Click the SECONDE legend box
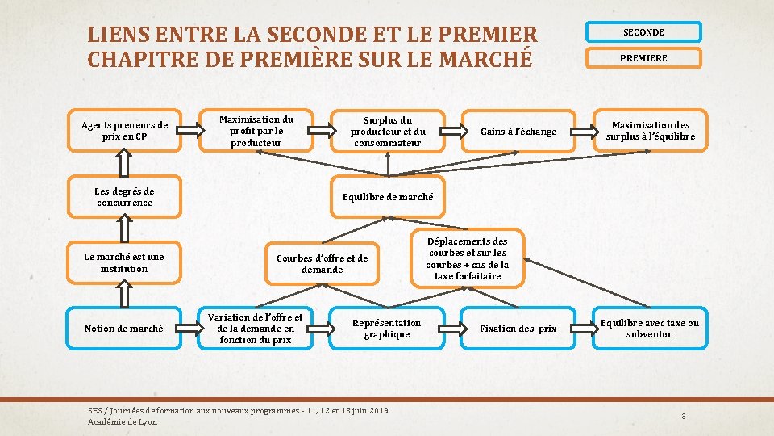pos(643,32)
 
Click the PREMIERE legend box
pos(643,58)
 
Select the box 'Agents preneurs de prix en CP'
pos(125,131)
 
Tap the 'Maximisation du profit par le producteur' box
pos(256,131)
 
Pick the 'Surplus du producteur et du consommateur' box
pos(388,131)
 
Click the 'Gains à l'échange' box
pos(518,132)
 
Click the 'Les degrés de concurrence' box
pos(125,197)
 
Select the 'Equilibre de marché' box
pos(388,197)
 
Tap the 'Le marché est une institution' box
pos(124,262)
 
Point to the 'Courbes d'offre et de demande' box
pos(322,263)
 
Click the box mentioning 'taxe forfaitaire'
pos(468,258)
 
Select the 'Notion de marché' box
pos(124,329)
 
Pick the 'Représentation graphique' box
pos(387,329)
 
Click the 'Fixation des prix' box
pos(518,329)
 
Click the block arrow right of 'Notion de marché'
pos(190,328)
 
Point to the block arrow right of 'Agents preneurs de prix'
pos(190,129)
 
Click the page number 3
pos(684,417)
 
